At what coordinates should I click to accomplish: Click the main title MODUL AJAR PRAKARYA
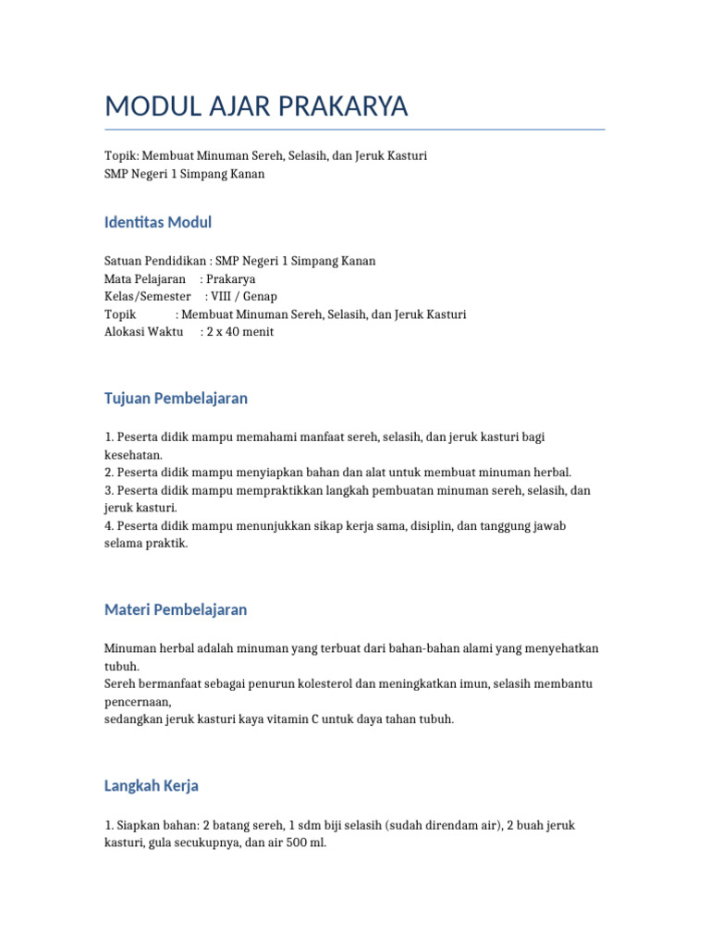click(x=256, y=107)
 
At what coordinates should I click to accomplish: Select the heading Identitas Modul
click(x=158, y=222)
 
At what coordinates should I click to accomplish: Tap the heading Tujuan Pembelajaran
click(x=176, y=399)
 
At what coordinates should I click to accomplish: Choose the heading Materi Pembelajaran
click(x=176, y=610)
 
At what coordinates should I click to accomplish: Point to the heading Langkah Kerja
click(x=152, y=786)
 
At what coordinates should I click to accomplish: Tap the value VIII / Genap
click(x=244, y=297)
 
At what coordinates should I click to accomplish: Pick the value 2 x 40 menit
click(x=240, y=332)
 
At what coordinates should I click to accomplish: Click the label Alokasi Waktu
click(x=144, y=332)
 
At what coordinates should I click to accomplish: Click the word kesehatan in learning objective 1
click(x=132, y=455)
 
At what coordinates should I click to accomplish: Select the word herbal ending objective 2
click(x=554, y=473)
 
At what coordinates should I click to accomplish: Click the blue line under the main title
click(x=355, y=129)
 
